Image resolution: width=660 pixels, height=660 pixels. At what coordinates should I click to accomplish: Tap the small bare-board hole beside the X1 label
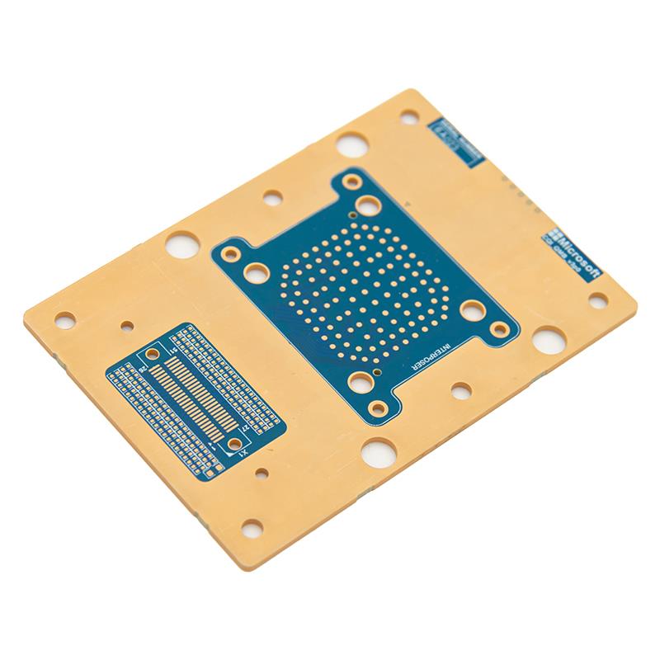(262, 474)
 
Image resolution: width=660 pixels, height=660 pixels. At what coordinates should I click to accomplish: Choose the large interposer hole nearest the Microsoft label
(472, 310)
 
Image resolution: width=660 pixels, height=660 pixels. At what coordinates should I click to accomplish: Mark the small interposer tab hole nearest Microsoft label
(499, 329)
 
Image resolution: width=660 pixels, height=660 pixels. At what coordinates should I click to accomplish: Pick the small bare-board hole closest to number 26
(125, 325)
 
